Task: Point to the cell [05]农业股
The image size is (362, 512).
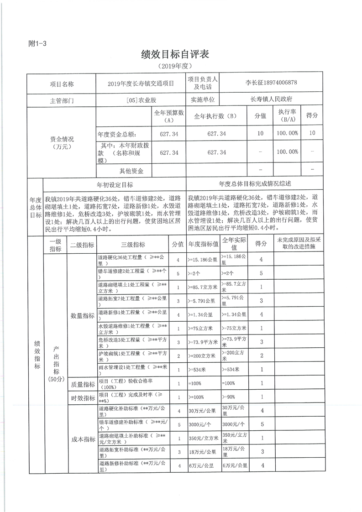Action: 140,99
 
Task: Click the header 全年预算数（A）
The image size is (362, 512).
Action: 168,116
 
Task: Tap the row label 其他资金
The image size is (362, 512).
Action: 131,171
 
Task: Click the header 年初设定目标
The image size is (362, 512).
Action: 115,184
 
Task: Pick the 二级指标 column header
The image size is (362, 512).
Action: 82,245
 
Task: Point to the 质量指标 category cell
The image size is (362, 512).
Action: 82,384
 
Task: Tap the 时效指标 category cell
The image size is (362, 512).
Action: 82,398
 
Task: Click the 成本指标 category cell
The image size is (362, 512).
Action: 82,439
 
